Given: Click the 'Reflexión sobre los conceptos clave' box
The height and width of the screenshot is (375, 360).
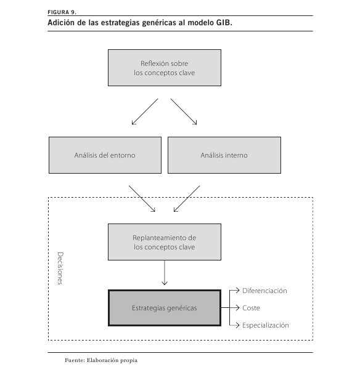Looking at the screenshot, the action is click(165, 68).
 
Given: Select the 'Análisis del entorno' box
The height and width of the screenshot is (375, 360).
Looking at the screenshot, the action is click(105, 155).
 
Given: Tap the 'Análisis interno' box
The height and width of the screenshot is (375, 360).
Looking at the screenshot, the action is click(224, 155).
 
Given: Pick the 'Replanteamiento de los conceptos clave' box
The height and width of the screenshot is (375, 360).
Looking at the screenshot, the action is click(165, 242).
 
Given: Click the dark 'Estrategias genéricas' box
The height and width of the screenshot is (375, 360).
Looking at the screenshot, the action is click(165, 308).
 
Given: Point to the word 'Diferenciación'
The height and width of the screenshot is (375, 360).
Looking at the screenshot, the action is click(264, 291).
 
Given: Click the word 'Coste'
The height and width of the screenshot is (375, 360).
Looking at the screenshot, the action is click(251, 308).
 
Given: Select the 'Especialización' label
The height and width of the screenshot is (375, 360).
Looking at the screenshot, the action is click(266, 325).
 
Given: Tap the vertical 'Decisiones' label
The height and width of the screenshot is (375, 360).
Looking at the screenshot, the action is click(60, 268).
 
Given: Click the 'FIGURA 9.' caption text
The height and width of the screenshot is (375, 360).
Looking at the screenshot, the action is click(62, 12).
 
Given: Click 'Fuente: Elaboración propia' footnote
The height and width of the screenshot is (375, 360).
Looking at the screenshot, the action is click(101, 360).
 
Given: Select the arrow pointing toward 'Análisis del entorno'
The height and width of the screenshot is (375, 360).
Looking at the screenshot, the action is click(145, 111).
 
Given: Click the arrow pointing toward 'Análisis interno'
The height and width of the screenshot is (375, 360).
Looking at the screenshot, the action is click(184, 111).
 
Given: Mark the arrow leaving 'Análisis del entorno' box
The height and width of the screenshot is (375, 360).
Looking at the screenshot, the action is click(142, 198).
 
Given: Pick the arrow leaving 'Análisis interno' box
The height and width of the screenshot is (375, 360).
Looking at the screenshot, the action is click(187, 198).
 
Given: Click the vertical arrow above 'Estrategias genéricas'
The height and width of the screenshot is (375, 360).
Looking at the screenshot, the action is click(165, 273).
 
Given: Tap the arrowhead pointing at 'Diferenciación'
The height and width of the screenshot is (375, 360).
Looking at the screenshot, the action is click(237, 291).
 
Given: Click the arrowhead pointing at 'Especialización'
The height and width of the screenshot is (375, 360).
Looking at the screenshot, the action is click(237, 325).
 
